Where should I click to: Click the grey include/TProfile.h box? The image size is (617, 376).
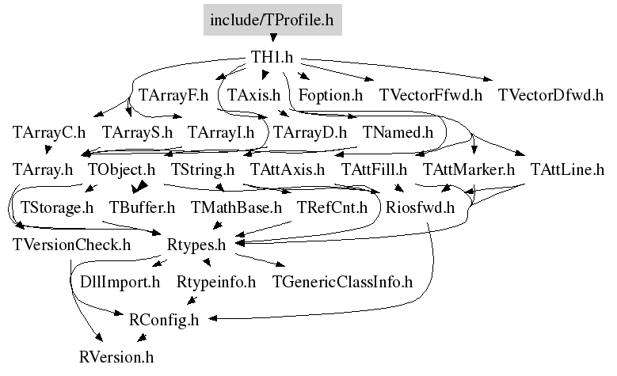tap(272, 20)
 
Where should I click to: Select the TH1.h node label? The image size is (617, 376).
tap(272, 57)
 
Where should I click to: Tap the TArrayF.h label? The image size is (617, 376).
tap(173, 95)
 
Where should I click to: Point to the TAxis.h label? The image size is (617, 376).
tap(253, 95)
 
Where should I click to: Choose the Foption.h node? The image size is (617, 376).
tap(330, 95)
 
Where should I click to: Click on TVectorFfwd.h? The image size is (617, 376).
tap(431, 95)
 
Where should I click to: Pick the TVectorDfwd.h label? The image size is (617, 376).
tap(550, 95)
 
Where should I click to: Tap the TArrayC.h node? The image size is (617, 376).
tap(49, 132)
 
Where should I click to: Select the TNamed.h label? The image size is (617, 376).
tap(398, 132)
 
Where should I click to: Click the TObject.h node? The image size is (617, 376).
tap(122, 169)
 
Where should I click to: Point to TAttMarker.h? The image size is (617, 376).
tap(469, 169)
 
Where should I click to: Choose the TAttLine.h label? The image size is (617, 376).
tap(567, 169)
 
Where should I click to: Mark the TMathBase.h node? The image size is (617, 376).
tap(236, 207)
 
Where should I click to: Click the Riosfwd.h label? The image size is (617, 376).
tap(420, 207)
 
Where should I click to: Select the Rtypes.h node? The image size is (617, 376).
tap(196, 245)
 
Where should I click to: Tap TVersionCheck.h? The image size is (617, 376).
tap(71, 245)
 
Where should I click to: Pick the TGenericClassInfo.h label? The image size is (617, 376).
tap(342, 282)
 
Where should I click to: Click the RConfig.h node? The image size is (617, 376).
tap(164, 320)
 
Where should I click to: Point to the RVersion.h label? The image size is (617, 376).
tap(116, 357)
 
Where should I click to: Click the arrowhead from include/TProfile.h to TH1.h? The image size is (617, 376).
tap(273, 38)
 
